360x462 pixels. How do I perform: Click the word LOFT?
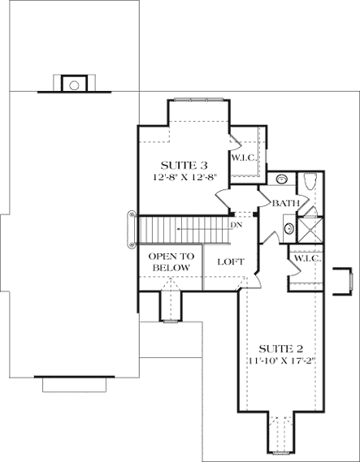coord(230,261)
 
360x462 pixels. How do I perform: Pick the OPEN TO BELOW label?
coord(169,261)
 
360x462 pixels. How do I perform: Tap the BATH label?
coord(285,203)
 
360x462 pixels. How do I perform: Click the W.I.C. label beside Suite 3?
coord(244,158)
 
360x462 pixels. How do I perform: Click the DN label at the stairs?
coord(235,225)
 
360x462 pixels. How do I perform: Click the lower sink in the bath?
coord(288,229)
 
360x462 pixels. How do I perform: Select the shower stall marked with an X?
coord(309,226)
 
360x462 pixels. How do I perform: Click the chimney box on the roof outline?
coord(74,84)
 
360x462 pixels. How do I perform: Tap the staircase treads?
coord(183,228)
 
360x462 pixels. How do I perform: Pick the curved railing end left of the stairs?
coord(130,230)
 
